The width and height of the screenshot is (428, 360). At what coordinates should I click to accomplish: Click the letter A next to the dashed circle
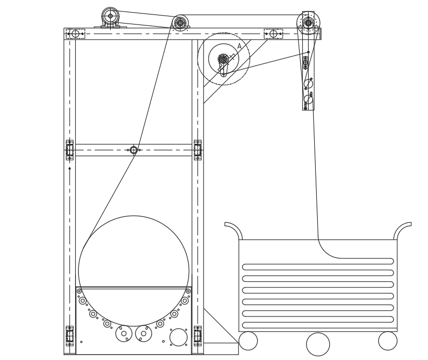240,46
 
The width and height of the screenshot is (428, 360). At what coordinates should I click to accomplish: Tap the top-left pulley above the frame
110,16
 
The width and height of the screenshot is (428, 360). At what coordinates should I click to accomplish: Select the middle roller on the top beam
180,23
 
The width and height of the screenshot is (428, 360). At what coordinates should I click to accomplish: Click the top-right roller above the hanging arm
308,23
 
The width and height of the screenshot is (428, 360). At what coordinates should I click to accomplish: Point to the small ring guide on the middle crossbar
133,150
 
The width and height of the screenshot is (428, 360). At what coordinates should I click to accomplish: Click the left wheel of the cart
248,341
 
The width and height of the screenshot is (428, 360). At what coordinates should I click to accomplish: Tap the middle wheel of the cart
318,344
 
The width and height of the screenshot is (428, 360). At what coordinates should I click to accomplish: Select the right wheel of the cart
387,341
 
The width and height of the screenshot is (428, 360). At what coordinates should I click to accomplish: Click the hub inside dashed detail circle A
224,59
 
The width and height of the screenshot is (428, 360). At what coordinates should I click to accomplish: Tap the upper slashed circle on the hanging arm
308,84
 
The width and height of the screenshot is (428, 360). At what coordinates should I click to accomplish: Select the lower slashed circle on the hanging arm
308,99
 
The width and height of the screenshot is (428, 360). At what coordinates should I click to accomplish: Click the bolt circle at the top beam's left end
75,34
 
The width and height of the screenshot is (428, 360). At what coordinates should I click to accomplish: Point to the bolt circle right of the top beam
273,34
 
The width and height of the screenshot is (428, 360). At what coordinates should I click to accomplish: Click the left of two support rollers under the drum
124,333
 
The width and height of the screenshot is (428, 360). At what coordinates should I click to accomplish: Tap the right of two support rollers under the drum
143,333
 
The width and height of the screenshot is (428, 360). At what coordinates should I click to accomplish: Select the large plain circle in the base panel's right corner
178,337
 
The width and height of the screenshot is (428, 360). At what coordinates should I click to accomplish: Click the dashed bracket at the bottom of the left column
70,336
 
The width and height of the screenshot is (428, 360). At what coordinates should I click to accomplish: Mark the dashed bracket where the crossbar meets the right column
197,150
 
